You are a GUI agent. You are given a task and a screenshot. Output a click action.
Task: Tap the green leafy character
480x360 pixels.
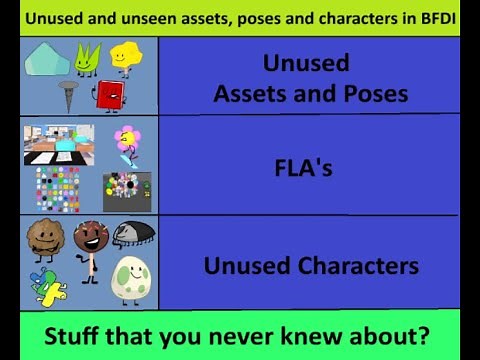click(88, 59)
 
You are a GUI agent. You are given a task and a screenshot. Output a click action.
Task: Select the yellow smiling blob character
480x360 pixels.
click(126, 58)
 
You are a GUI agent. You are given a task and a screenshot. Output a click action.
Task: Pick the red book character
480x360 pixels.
click(108, 96)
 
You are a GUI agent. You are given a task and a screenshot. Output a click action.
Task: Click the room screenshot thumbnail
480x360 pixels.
click(59, 145)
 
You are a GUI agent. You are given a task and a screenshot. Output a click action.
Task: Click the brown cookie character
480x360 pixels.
click(46, 238)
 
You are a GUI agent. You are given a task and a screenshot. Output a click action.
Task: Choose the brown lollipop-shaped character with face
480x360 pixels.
click(90, 245)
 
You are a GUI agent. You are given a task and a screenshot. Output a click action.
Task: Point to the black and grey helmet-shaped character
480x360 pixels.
click(133, 234)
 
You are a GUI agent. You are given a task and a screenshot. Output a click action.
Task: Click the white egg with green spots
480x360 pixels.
click(131, 279)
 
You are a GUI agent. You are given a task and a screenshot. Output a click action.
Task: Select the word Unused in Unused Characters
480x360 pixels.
click(245, 266)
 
